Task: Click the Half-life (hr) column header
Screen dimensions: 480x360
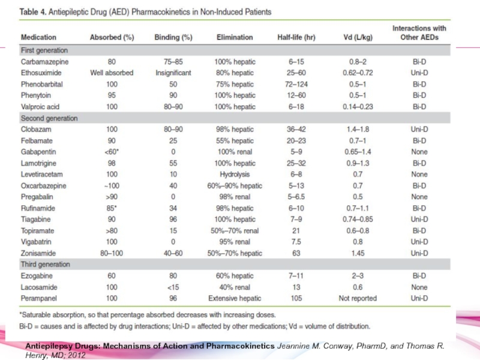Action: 296,37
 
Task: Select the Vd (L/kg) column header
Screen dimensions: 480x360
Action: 358,37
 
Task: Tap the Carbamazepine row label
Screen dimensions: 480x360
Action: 44,62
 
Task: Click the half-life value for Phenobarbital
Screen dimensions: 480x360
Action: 296,84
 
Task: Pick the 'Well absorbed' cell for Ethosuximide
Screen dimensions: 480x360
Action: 112,73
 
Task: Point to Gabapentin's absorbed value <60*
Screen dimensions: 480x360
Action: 112,152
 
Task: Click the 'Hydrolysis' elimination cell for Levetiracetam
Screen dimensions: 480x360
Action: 235,175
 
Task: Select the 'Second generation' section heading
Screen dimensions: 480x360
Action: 49,118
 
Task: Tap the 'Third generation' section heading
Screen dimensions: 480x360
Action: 46,264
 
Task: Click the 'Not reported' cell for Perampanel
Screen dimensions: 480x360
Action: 358,298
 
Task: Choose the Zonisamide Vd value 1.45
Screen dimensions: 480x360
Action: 358,253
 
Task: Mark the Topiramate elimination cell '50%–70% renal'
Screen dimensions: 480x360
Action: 235,231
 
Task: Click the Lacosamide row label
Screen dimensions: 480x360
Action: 39,287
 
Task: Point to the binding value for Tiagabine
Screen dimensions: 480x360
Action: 173,220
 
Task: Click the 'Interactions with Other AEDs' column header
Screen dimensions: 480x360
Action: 419,33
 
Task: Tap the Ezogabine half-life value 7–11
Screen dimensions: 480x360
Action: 296,276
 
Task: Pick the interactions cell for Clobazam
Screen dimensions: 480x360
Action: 419,129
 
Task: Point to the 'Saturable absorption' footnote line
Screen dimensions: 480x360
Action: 148,314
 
